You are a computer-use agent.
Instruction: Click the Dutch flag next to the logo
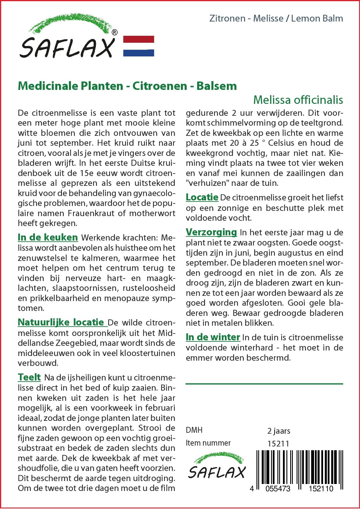[x=139, y=46]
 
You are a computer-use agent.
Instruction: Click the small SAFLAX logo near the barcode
[x=217, y=468]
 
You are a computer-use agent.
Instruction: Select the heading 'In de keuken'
[x=48, y=237]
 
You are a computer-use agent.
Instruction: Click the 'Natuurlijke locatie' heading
[x=61, y=322]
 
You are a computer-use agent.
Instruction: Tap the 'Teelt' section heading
[x=29, y=377]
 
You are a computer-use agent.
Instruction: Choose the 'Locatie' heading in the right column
[x=202, y=197]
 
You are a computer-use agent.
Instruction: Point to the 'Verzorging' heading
[x=211, y=232]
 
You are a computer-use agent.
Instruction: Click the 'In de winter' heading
[x=213, y=337]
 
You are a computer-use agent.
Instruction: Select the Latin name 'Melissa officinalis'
[x=298, y=100]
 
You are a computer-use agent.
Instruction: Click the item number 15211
[x=278, y=444]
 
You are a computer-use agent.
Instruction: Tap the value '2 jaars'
[x=279, y=430]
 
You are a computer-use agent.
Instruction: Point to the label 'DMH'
[x=194, y=430]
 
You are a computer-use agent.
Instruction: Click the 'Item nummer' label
[x=208, y=443]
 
